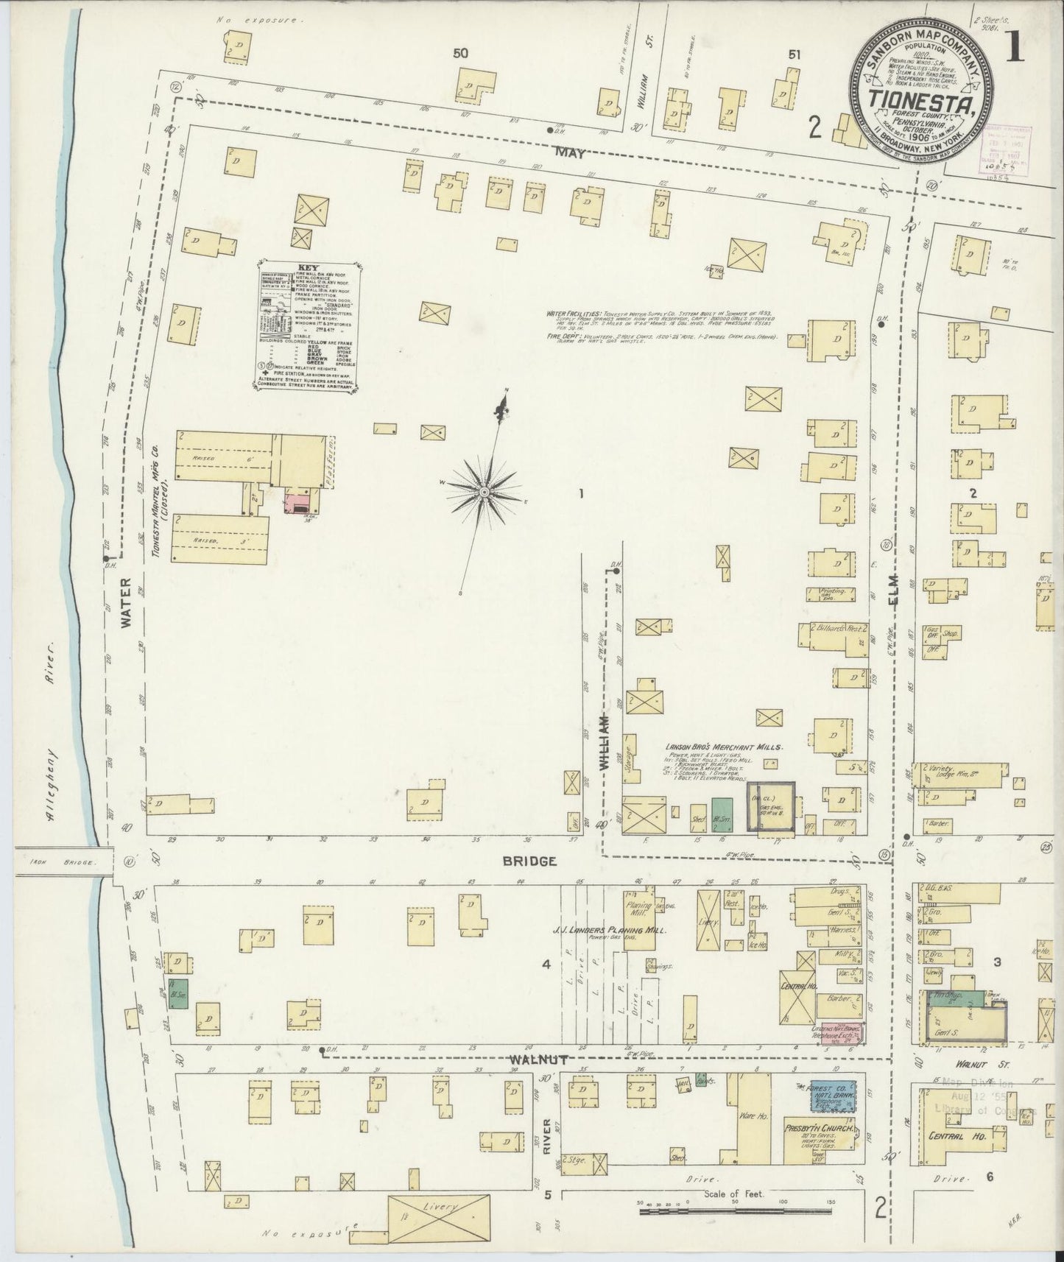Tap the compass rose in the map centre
point(484,491)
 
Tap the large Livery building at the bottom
point(438,1208)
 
